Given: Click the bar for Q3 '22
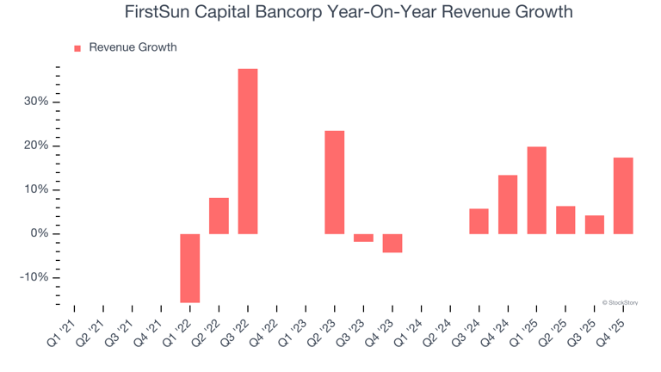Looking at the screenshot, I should click(248, 151).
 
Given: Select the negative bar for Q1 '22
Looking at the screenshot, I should click(190, 268).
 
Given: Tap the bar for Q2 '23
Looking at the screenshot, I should click(335, 182).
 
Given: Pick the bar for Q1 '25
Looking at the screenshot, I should click(537, 190).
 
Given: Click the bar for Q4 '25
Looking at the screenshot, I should click(623, 195).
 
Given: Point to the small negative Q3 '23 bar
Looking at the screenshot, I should click(363, 238).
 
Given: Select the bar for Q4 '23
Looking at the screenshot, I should click(392, 243).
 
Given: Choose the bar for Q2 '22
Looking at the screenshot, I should click(219, 215).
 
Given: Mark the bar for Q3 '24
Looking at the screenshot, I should click(479, 221).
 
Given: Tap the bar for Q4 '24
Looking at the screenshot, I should click(508, 204).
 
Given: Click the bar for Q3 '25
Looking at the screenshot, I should click(595, 224).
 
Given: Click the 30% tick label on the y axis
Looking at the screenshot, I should click(35, 102).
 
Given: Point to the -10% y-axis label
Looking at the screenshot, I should click(34, 278).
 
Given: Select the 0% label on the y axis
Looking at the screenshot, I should click(39, 234).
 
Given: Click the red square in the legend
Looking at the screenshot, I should click(77, 48).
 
